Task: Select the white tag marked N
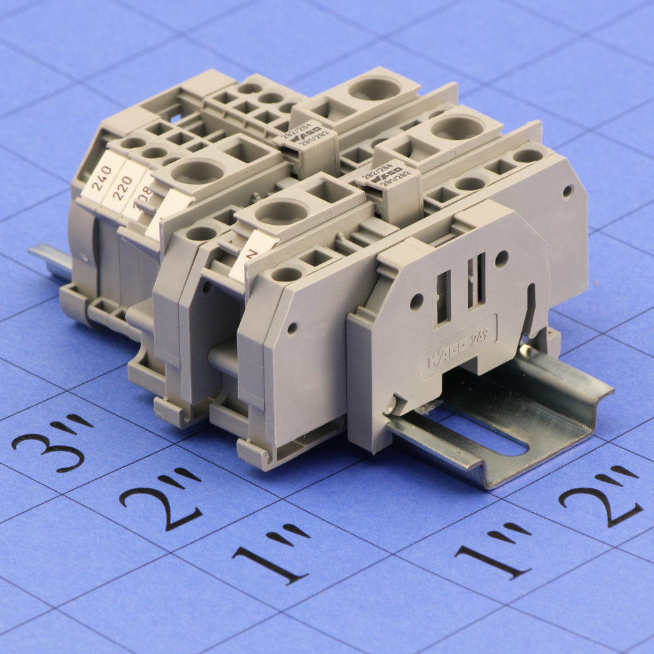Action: (x=252, y=255)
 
